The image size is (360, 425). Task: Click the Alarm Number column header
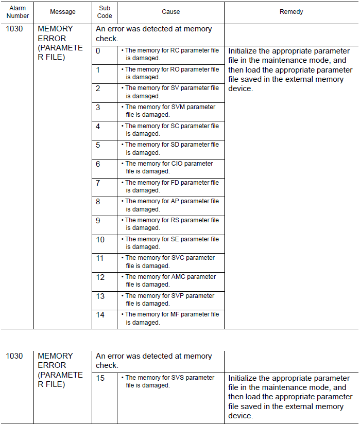18,12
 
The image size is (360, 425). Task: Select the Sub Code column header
105,12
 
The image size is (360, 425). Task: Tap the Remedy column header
291,12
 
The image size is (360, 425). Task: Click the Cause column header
170,12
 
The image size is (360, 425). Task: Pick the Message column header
63,12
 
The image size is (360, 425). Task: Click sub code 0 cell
98,51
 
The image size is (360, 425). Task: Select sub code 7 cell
98,183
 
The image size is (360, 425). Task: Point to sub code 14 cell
100,314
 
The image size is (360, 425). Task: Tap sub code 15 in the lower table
100,378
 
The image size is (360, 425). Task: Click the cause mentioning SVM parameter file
170,111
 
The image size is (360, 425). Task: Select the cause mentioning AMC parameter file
170,280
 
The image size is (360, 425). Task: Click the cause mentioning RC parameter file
172,54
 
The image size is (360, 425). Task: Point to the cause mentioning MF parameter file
172,318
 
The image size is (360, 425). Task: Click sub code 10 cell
100,239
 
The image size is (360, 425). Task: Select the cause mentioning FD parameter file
172,186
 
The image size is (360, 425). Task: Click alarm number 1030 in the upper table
14,29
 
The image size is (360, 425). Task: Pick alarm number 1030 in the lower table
14,356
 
